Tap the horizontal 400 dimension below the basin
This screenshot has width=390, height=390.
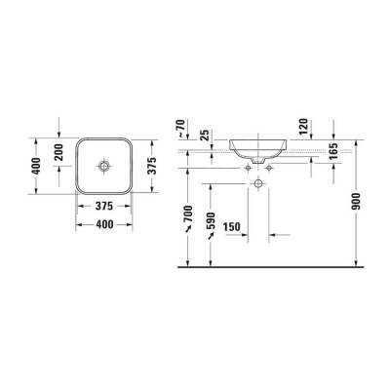tap(102, 225)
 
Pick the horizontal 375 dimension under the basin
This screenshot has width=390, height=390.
tap(102, 206)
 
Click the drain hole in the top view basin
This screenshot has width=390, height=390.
tap(102, 166)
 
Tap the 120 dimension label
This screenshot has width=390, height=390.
tap(304, 126)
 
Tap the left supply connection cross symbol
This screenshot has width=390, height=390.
tap(248, 168)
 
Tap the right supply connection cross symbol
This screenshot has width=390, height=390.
tap(269, 168)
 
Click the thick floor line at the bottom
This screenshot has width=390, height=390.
tap(273, 264)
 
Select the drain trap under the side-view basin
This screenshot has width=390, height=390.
tap(258, 160)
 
